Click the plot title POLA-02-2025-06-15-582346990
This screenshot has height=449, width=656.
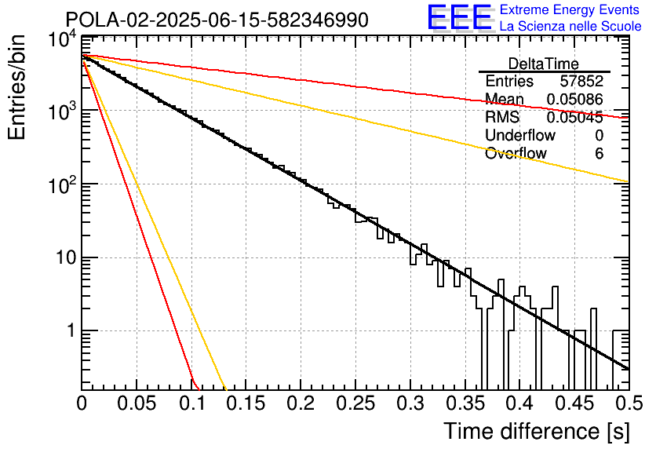(x=217, y=20)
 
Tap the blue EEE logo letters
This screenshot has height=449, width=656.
(x=460, y=17)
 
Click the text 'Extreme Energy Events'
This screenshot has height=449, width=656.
(x=570, y=9)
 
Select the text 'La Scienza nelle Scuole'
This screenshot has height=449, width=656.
(x=570, y=26)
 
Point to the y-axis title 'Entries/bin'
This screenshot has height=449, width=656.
(x=16, y=87)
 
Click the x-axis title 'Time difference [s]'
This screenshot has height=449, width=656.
(x=537, y=431)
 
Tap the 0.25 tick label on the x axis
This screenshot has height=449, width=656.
(x=355, y=403)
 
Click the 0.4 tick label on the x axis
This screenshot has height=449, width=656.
(x=519, y=403)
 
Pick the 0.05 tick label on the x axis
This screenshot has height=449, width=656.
(x=137, y=403)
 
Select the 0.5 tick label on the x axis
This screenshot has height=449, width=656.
(x=629, y=403)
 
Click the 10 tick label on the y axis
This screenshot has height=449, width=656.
(x=66, y=257)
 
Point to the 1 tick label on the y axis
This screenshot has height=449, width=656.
(x=71, y=331)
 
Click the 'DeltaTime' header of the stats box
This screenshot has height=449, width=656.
(x=544, y=64)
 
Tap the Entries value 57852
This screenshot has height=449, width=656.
(x=581, y=81)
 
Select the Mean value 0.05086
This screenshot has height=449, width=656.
(x=575, y=99)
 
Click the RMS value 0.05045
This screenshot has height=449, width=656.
(x=575, y=117)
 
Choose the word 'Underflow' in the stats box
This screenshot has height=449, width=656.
(x=520, y=135)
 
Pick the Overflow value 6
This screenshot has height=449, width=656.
(x=599, y=154)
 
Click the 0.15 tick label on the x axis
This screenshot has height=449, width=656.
(x=246, y=403)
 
